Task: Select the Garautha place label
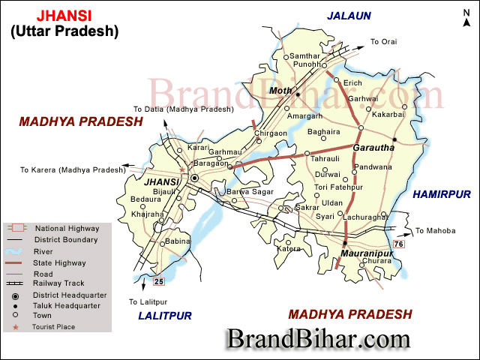[x=373, y=148]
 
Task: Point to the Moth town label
[x=281, y=91]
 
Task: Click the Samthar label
[x=304, y=56]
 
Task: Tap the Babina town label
[x=177, y=241]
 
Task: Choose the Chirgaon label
[x=271, y=133]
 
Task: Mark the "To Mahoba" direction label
[x=435, y=230]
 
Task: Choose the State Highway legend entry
[x=60, y=262]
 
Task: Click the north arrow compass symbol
[x=466, y=19]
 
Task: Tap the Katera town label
[x=289, y=248]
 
